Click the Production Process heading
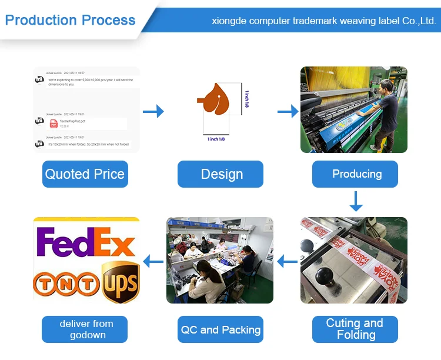(x=70, y=20)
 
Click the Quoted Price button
(x=85, y=174)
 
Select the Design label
(x=221, y=174)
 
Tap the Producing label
(x=356, y=174)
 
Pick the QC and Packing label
(x=220, y=329)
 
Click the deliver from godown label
(x=86, y=329)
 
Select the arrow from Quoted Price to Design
(x=153, y=111)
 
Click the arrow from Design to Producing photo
(x=288, y=111)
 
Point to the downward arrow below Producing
(x=356, y=201)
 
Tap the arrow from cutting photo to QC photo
(x=287, y=261)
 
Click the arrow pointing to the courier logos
(x=153, y=261)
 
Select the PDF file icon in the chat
(x=54, y=124)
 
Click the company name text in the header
(x=323, y=21)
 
